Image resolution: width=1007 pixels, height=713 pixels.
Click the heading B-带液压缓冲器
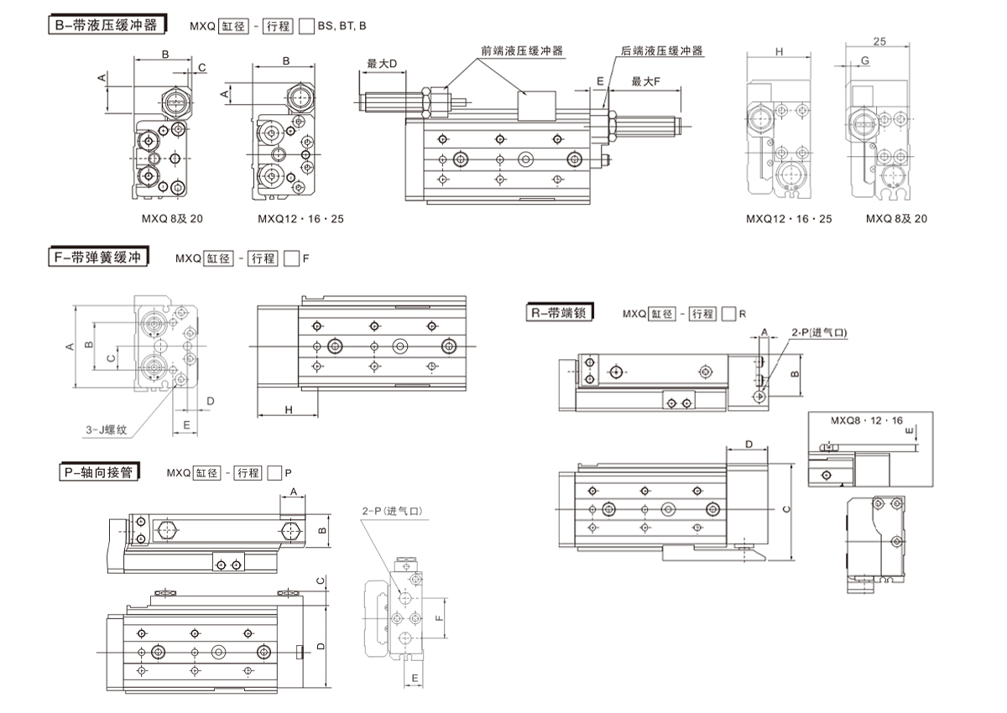click(x=105, y=25)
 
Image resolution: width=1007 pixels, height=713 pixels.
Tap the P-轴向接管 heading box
click(x=97, y=473)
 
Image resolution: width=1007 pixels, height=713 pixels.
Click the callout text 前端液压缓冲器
click(x=522, y=51)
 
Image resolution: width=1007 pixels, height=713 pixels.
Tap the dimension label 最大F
click(x=646, y=81)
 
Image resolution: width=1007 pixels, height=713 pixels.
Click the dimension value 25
click(x=879, y=40)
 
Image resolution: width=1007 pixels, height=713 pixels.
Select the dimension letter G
click(x=864, y=61)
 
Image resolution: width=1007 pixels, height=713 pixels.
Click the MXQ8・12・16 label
click(x=866, y=420)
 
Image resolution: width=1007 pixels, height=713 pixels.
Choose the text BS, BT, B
click(x=342, y=26)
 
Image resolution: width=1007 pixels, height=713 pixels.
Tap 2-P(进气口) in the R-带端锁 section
click(x=819, y=332)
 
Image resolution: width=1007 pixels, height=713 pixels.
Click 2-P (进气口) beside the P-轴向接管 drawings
click(x=390, y=510)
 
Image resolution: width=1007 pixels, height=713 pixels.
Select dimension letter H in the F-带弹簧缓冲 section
click(x=288, y=409)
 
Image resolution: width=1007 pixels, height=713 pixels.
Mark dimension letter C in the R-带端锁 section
click(x=785, y=509)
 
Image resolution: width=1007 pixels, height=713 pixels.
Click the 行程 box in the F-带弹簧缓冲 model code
click(x=263, y=259)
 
